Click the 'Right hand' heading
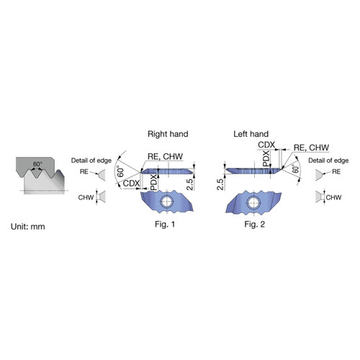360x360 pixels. (x=168, y=134)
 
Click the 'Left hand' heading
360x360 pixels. (x=251, y=134)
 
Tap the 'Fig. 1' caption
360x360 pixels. (x=165, y=224)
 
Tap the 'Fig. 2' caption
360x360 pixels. (x=255, y=224)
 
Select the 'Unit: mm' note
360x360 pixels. (x=28, y=227)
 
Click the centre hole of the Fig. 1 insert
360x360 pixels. (x=166, y=202)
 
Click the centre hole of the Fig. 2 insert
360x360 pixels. (x=253, y=202)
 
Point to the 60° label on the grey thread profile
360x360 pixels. (x=37, y=164)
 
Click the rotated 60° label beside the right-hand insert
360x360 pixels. (x=121, y=172)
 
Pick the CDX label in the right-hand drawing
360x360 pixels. (x=131, y=184)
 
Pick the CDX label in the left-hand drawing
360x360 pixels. (x=266, y=145)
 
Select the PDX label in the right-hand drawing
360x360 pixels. (x=154, y=182)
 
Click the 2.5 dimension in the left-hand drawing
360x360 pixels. (x=220, y=184)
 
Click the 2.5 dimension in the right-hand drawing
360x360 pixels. (x=189, y=184)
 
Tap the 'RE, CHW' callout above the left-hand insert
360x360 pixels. (x=311, y=148)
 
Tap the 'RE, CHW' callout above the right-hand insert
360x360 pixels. (x=165, y=156)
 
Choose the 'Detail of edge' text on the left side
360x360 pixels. (x=91, y=161)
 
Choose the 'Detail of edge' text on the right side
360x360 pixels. (x=328, y=161)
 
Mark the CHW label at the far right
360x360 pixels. (x=333, y=197)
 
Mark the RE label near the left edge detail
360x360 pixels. (x=84, y=171)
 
